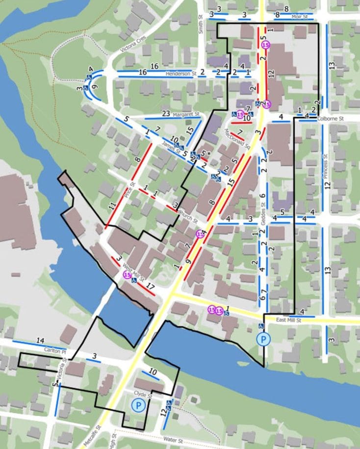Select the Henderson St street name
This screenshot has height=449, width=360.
(x=180, y=75)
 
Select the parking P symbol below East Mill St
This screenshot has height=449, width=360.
(x=264, y=339)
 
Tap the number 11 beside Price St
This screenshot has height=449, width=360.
(x=112, y=206)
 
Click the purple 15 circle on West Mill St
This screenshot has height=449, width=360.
(x=127, y=275)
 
